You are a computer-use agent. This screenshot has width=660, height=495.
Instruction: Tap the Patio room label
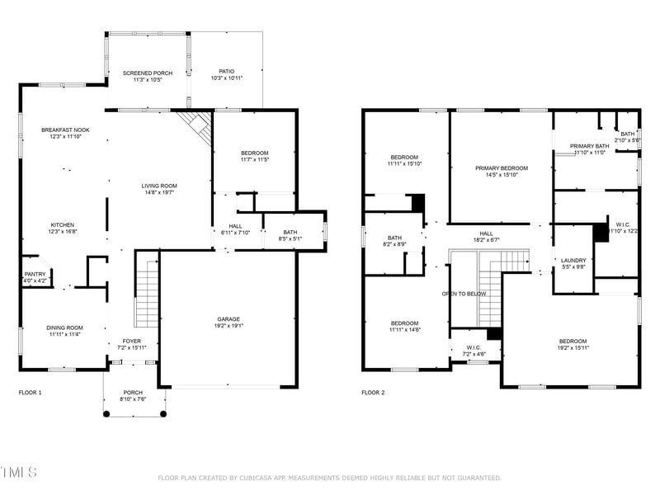[x=226, y=72]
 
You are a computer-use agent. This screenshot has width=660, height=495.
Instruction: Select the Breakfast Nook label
[x=65, y=130]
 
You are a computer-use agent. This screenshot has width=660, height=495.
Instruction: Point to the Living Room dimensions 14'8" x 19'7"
[x=159, y=192]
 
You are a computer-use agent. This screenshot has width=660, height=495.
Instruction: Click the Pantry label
[x=35, y=274]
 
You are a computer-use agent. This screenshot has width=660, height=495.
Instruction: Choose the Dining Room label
[x=64, y=328]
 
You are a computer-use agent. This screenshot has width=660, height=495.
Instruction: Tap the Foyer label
[x=132, y=341]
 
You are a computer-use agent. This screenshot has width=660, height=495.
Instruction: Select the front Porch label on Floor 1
[x=133, y=392]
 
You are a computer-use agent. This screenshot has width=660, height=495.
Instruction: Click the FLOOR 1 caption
[x=30, y=393]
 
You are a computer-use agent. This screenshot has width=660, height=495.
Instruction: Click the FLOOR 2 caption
[x=373, y=393]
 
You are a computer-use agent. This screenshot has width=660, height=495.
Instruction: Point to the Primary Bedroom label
[x=501, y=167]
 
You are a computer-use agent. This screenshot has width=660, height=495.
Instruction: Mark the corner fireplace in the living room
[x=197, y=124]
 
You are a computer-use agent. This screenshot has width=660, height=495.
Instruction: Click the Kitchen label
[x=64, y=224]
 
